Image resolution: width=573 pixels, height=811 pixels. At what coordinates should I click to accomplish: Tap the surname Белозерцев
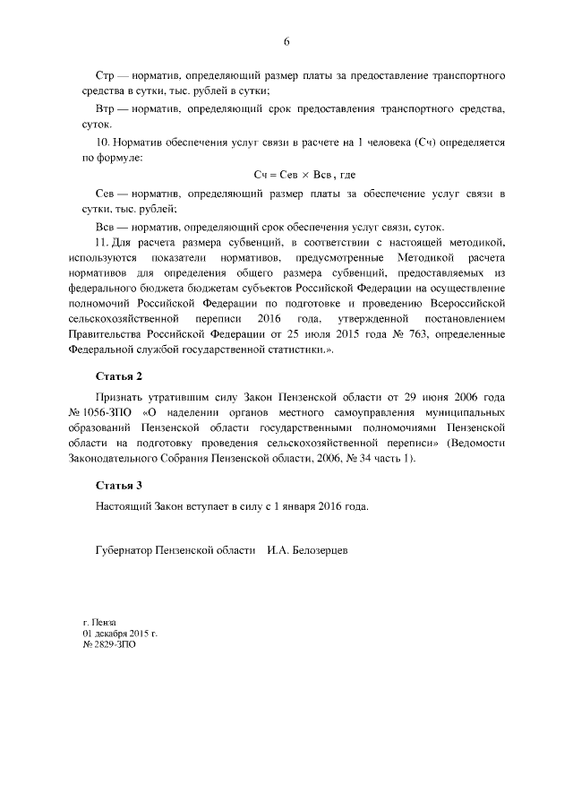tap(317, 549)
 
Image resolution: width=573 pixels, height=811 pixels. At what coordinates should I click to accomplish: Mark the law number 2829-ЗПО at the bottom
tap(114, 643)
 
